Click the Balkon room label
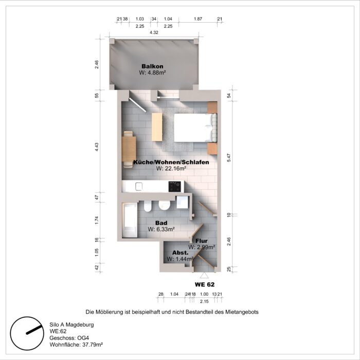(152, 66)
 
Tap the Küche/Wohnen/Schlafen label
(164, 163)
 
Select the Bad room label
(161, 223)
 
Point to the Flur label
(201, 241)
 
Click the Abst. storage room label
(179, 253)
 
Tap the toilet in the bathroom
(148, 207)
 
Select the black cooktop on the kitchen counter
(175, 186)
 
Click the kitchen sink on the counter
(138, 186)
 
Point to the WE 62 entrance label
(204, 284)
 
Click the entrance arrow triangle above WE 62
(204, 275)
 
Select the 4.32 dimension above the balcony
(154, 32)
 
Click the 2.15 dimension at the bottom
(205, 301)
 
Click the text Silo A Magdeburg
(71, 325)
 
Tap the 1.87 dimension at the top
(197, 19)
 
